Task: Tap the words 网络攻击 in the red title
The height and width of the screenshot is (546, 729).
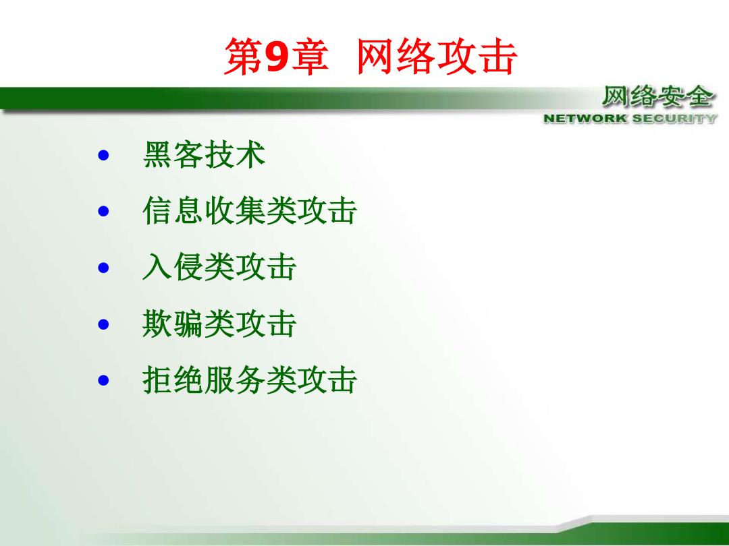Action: (x=437, y=57)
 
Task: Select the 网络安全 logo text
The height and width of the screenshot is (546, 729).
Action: (x=657, y=97)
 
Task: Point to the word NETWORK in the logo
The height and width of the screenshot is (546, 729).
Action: (x=585, y=119)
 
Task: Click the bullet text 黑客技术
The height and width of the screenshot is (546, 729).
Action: (x=204, y=154)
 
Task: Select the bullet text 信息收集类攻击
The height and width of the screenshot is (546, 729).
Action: (x=250, y=211)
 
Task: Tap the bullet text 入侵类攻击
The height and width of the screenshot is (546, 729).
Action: (x=219, y=268)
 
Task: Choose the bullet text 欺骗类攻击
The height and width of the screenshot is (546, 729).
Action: (x=219, y=324)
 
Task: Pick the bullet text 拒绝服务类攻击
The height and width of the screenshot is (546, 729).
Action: (x=250, y=380)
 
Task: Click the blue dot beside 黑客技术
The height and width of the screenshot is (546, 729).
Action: (x=103, y=155)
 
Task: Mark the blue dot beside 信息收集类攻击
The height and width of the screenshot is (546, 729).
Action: (x=103, y=212)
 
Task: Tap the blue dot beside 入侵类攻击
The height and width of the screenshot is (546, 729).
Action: (x=103, y=268)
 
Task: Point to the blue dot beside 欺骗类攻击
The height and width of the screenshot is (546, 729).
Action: (x=103, y=324)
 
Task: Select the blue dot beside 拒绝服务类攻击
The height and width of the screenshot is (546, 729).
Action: (x=103, y=381)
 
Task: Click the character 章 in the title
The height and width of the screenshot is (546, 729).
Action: (x=310, y=57)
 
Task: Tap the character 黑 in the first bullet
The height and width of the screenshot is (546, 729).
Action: (x=157, y=154)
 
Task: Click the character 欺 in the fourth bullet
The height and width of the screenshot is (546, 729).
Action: (x=157, y=324)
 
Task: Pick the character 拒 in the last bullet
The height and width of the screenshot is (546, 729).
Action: (x=157, y=380)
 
